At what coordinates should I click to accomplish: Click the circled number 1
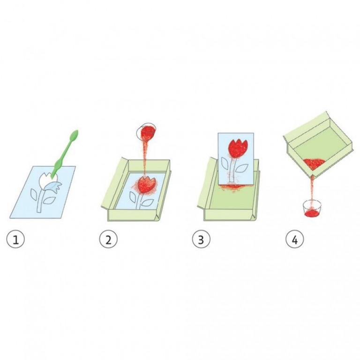[x=15, y=240]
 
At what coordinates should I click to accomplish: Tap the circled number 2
[x=108, y=240]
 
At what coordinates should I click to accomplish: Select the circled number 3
[x=201, y=240]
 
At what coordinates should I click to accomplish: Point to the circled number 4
[x=294, y=240]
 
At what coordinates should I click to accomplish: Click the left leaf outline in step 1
[x=34, y=195]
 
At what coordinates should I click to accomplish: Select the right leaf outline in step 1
[x=49, y=200]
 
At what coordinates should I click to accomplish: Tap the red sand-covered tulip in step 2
[x=145, y=185]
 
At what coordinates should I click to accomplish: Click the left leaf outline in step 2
[x=133, y=197]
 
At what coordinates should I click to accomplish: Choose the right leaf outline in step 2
[x=147, y=202]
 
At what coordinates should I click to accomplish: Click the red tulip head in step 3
[x=238, y=148]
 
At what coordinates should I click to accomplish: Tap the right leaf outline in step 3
[x=241, y=168]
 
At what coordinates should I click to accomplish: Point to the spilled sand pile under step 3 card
[x=233, y=187]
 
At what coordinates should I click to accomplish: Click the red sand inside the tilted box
[x=314, y=163]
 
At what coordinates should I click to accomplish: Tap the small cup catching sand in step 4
[x=312, y=209]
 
